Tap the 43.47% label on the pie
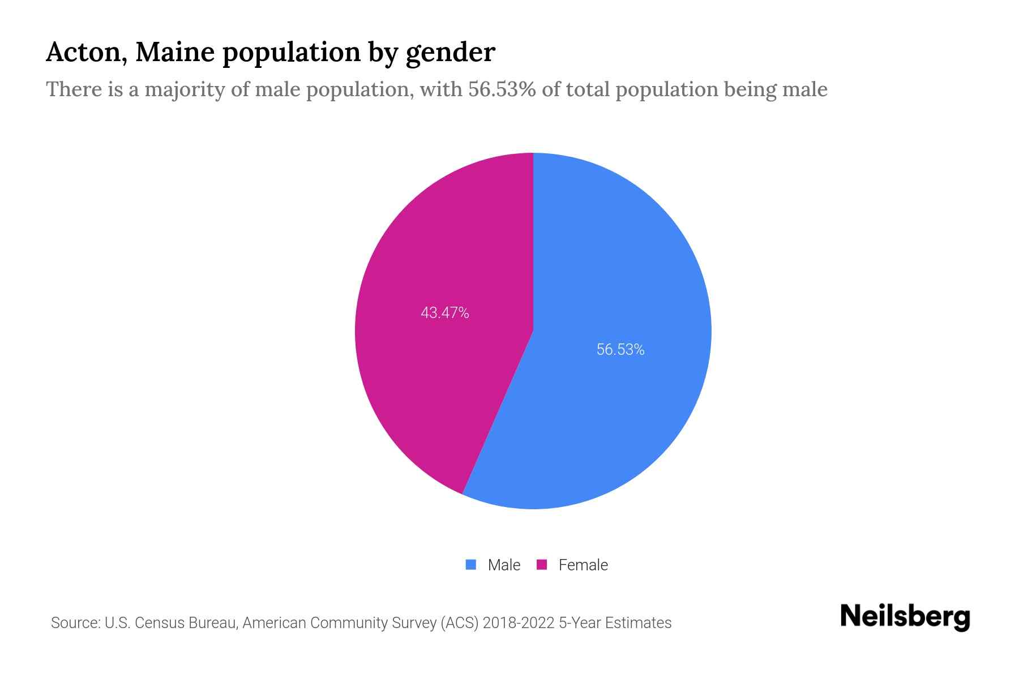pyautogui.click(x=445, y=313)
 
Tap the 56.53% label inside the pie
pyautogui.click(x=620, y=350)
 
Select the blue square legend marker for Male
pyautogui.click(x=471, y=565)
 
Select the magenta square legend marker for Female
pyautogui.click(x=542, y=565)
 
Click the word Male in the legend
pyautogui.click(x=504, y=565)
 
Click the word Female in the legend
pyautogui.click(x=583, y=565)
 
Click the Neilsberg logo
pyautogui.click(x=905, y=617)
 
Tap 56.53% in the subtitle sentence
pyautogui.click(x=502, y=89)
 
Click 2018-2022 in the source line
pyautogui.click(x=518, y=623)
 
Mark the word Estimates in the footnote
pyautogui.click(x=638, y=623)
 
